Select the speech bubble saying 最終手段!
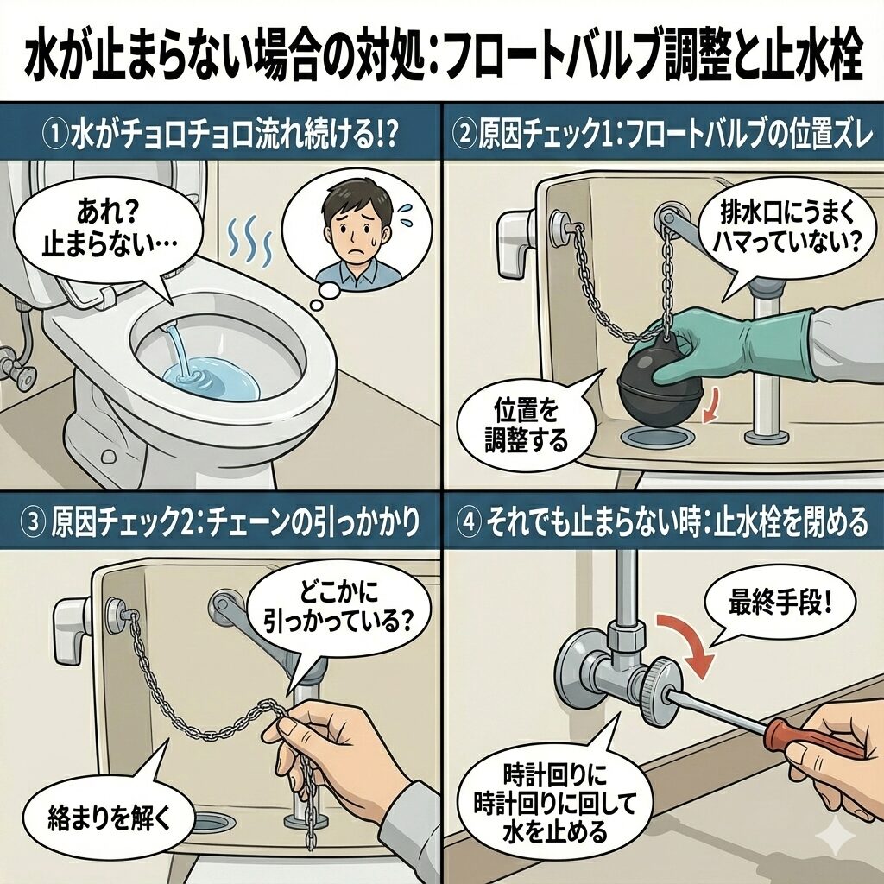pyautogui.click(x=780, y=608)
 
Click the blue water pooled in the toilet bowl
pyautogui.click(x=213, y=376)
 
